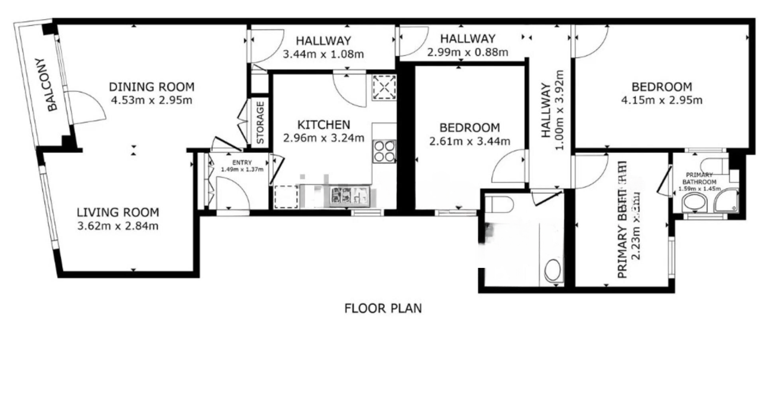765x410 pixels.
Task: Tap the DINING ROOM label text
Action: coord(152,87)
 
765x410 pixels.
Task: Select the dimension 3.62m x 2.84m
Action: coord(118,226)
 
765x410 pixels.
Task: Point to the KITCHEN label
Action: coord(323,125)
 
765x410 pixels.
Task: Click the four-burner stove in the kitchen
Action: coord(384,151)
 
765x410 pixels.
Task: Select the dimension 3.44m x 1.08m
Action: coord(323,54)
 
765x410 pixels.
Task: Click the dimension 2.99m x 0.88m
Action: coord(467,53)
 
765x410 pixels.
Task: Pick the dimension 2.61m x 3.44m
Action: coord(469,141)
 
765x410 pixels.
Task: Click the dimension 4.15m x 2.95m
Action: coord(662,100)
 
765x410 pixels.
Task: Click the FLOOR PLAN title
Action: coord(383,309)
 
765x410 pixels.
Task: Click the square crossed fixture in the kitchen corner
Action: coord(384,88)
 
